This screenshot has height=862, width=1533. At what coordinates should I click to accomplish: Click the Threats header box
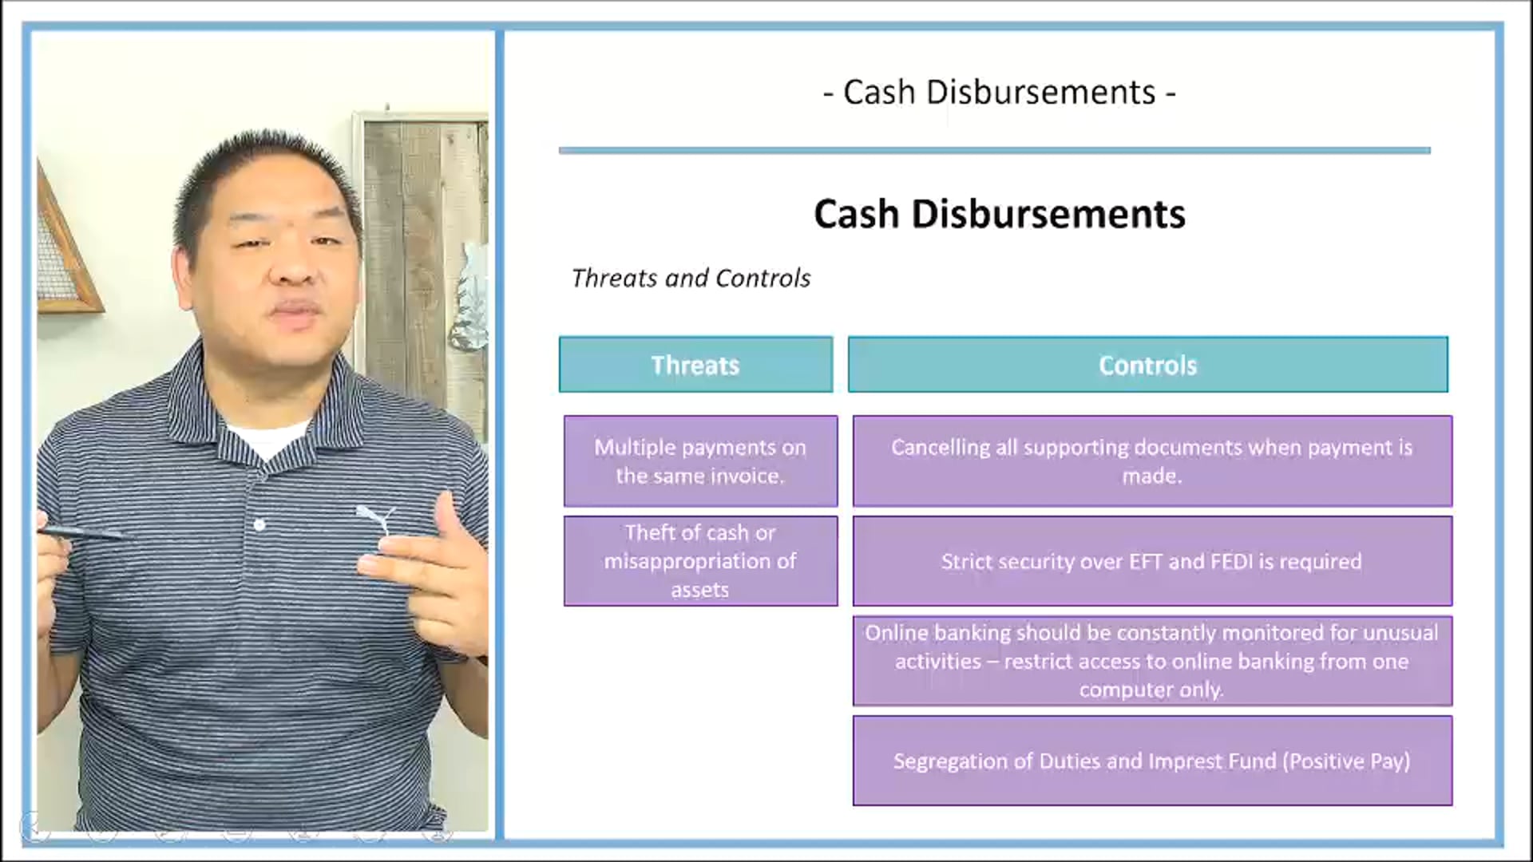click(695, 365)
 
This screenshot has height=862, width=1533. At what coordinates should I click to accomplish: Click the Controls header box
click(1147, 365)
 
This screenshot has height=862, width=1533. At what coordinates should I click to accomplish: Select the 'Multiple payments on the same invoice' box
click(700, 461)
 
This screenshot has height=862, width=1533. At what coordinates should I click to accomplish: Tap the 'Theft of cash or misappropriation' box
click(700, 561)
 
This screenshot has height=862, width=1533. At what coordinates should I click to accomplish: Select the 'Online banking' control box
click(1151, 661)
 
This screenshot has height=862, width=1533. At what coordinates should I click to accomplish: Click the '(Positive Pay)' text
click(1346, 761)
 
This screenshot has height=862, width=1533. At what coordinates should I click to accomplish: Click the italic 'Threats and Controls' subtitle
click(691, 279)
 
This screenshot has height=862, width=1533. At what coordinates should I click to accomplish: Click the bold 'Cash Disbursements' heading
click(999, 214)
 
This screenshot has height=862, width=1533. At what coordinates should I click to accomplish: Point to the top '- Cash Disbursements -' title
click(999, 93)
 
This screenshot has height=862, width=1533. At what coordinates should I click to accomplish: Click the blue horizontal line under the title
click(994, 150)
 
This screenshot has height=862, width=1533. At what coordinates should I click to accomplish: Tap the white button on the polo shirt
click(259, 525)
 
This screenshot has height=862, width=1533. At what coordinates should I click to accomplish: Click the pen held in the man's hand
click(80, 532)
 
